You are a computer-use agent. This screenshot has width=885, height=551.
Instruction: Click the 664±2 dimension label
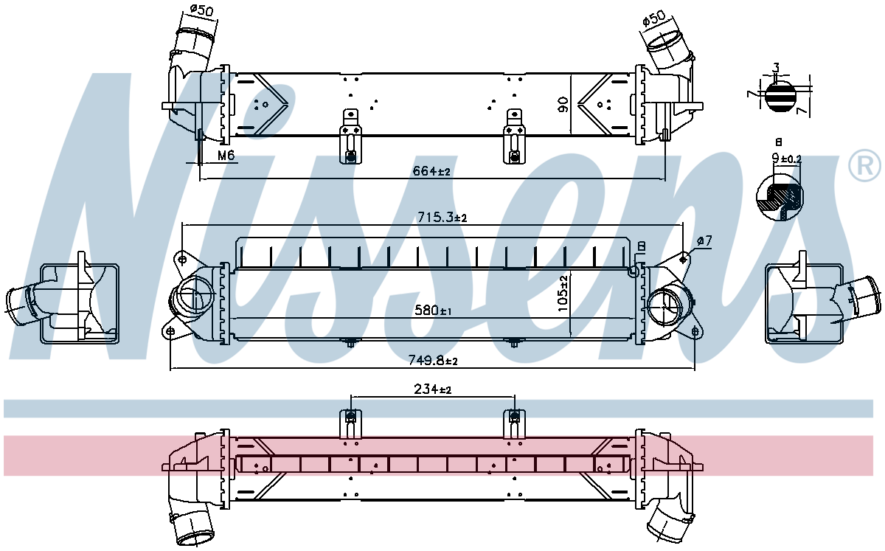[x=431, y=171]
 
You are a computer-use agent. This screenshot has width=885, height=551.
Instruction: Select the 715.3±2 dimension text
[x=442, y=217]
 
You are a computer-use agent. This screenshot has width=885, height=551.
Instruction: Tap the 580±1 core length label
[x=433, y=311]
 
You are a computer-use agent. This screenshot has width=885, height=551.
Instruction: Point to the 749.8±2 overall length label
[x=433, y=360]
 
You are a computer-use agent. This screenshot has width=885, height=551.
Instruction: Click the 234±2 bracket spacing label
[x=433, y=389]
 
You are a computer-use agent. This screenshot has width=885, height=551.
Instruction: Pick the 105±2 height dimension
[x=563, y=294]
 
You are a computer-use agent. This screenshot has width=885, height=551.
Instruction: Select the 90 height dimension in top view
[x=563, y=104]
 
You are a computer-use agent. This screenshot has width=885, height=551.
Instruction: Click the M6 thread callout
[x=226, y=155]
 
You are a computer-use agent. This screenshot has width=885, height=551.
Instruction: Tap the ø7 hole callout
[x=704, y=240]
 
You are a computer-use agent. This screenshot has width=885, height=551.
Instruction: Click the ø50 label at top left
[x=201, y=10]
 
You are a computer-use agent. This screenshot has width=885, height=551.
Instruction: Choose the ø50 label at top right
[x=654, y=18]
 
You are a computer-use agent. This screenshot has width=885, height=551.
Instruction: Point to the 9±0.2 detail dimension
[x=787, y=159]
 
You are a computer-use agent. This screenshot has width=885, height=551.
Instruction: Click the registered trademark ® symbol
[x=864, y=166]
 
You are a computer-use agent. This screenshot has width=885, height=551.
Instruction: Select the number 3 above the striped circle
[x=776, y=68]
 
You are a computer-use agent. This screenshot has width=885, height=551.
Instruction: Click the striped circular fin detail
[x=779, y=96]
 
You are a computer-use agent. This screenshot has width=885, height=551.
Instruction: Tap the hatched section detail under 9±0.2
[x=780, y=196]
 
